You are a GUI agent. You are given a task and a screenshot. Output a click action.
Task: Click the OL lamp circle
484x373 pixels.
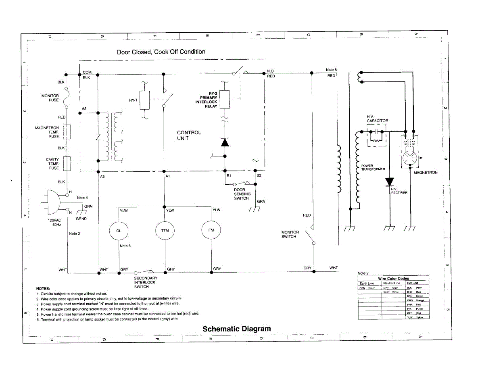(119, 231)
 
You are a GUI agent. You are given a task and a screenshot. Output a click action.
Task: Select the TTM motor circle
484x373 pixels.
(165, 231)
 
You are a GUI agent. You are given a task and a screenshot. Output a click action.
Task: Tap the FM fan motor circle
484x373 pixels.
(211, 230)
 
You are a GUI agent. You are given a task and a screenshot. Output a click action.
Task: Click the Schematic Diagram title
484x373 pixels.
(236, 329)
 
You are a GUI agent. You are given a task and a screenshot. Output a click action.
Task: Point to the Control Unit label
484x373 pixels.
(189, 135)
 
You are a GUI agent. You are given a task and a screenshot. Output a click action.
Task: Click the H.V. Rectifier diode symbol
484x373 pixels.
(390, 182)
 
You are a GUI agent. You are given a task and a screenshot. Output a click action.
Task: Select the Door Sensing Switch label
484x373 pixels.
(242, 194)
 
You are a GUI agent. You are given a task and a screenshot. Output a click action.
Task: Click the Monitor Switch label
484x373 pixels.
(290, 234)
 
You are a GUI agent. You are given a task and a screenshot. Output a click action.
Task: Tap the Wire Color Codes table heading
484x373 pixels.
(393, 278)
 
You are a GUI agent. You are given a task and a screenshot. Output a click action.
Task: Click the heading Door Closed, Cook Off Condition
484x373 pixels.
(161, 52)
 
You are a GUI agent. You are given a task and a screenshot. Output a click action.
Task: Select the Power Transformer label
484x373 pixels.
(373, 167)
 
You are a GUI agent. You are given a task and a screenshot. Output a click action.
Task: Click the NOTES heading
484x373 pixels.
(43, 289)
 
